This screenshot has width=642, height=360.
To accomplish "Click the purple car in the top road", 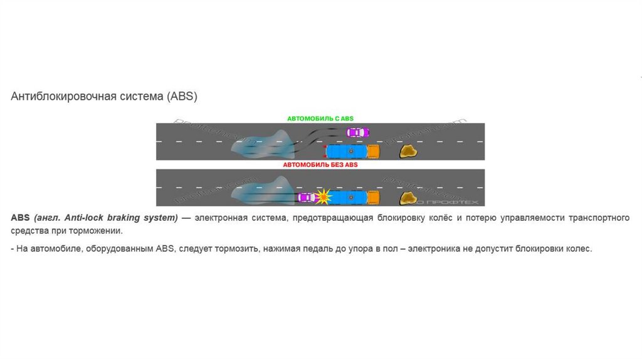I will pos(357,132).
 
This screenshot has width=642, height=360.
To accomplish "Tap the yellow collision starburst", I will pos(323,197).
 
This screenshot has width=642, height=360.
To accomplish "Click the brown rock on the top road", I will pos(409,151).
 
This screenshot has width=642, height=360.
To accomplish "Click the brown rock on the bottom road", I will pos(409,198).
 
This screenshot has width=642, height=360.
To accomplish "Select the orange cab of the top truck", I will pos(374,151).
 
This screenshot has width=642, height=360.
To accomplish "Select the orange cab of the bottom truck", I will pos(374,198).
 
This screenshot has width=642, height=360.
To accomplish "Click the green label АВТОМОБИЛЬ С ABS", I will pos(320,119).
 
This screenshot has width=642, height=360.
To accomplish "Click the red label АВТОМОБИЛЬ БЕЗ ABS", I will pos(320,165).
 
